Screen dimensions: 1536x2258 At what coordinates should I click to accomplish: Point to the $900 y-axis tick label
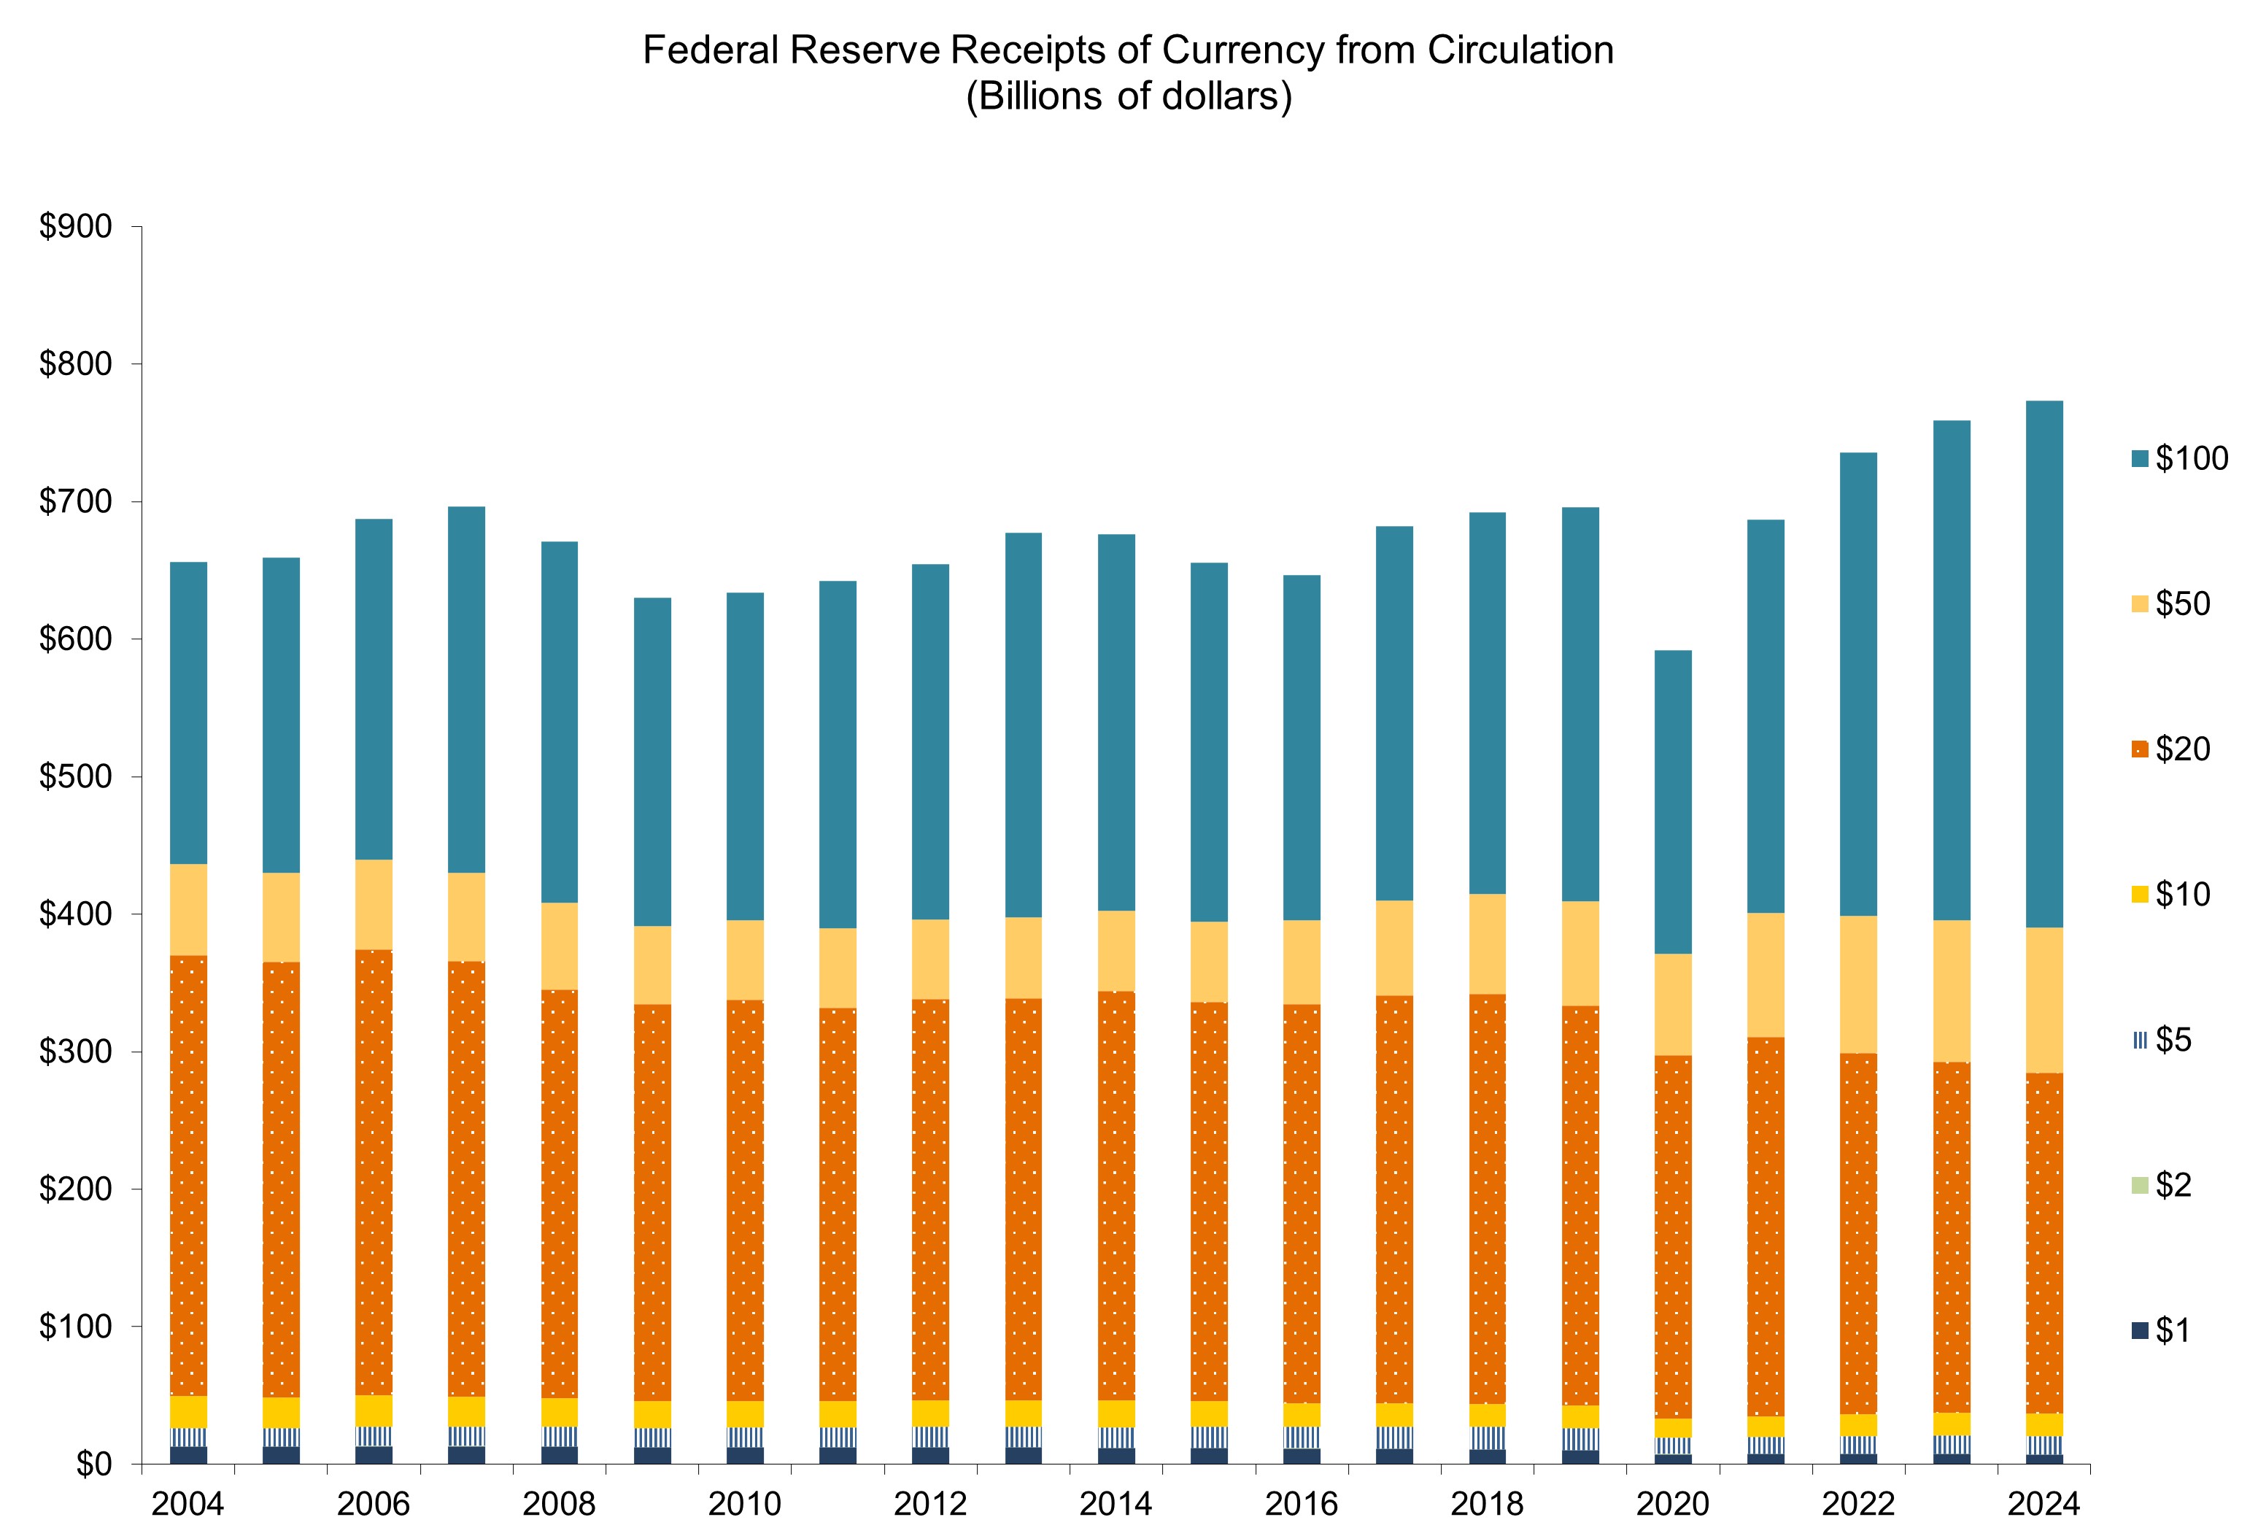tap(75, 226)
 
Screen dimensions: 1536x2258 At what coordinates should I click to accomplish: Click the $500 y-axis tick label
tap(75, 777)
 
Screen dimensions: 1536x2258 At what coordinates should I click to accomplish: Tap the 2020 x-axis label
tap(1672, 1504)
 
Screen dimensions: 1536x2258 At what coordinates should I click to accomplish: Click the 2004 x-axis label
tap(187, 1504)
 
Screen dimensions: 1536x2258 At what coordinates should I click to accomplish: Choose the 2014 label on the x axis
tap(1116, 1504)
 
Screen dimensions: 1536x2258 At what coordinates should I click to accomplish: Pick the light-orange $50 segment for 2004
tap(188, 909)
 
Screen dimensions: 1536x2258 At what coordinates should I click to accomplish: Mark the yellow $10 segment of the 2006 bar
tap(374, 1410)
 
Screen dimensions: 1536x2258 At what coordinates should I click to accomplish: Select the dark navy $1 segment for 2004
tap(188, 1454)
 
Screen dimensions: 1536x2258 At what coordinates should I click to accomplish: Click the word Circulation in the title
tap(1520, 50)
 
